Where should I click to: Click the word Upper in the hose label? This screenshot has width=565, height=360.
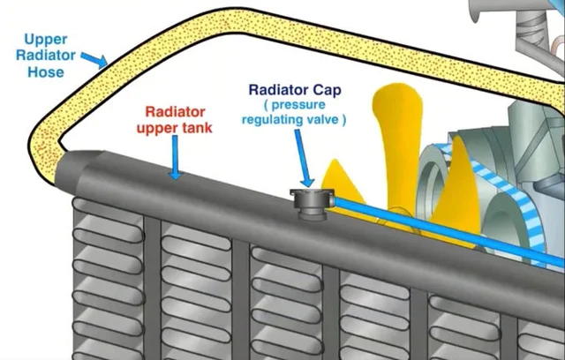pyautogui.click(x=45, y=40)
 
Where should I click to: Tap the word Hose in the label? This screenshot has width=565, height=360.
pyautogui.click(x=45, y=71)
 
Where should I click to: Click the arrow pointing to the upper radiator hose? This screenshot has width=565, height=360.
pyautogui.click(x=94, y=59)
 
